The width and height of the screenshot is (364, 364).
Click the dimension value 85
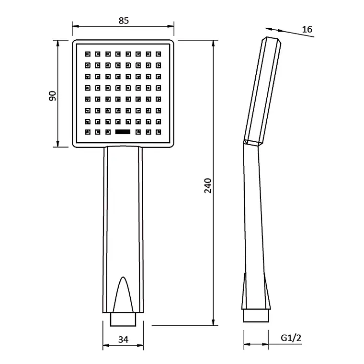124,21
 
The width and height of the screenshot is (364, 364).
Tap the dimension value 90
53,96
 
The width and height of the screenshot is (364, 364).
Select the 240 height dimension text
208,185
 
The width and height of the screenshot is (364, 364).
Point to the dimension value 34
123,340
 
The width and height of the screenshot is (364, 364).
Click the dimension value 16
307,29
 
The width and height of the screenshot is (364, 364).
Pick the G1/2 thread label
291,338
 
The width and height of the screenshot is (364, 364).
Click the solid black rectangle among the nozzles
123,132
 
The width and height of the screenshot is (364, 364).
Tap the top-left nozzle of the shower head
88,54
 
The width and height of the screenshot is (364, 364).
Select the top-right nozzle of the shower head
159,54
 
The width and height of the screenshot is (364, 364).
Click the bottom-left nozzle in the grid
88,132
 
